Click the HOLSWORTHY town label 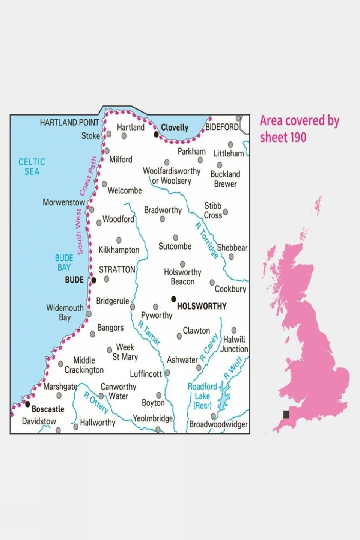[x=202, y=306]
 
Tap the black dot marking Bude [x=94, y=280]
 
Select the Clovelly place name [x=175, y=128]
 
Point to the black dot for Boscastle [x=27, y=404]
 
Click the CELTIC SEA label [x=32, y=167]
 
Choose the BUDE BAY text [x=64, y=263]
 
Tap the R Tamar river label [x=149, y=333]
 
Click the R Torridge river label [x=206, y=240]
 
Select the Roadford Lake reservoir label [x=202, y=396]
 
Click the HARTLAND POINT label [x=69, y=123]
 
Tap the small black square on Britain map [x=286, y=414]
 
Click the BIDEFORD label [x=222, y=127]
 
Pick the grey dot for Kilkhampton [x=119, y=240]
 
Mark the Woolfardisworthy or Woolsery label [x=172, y=176]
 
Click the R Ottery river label [x=96, y=402]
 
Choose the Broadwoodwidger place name [x=218, y=424]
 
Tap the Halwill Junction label [x=234, y=344]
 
